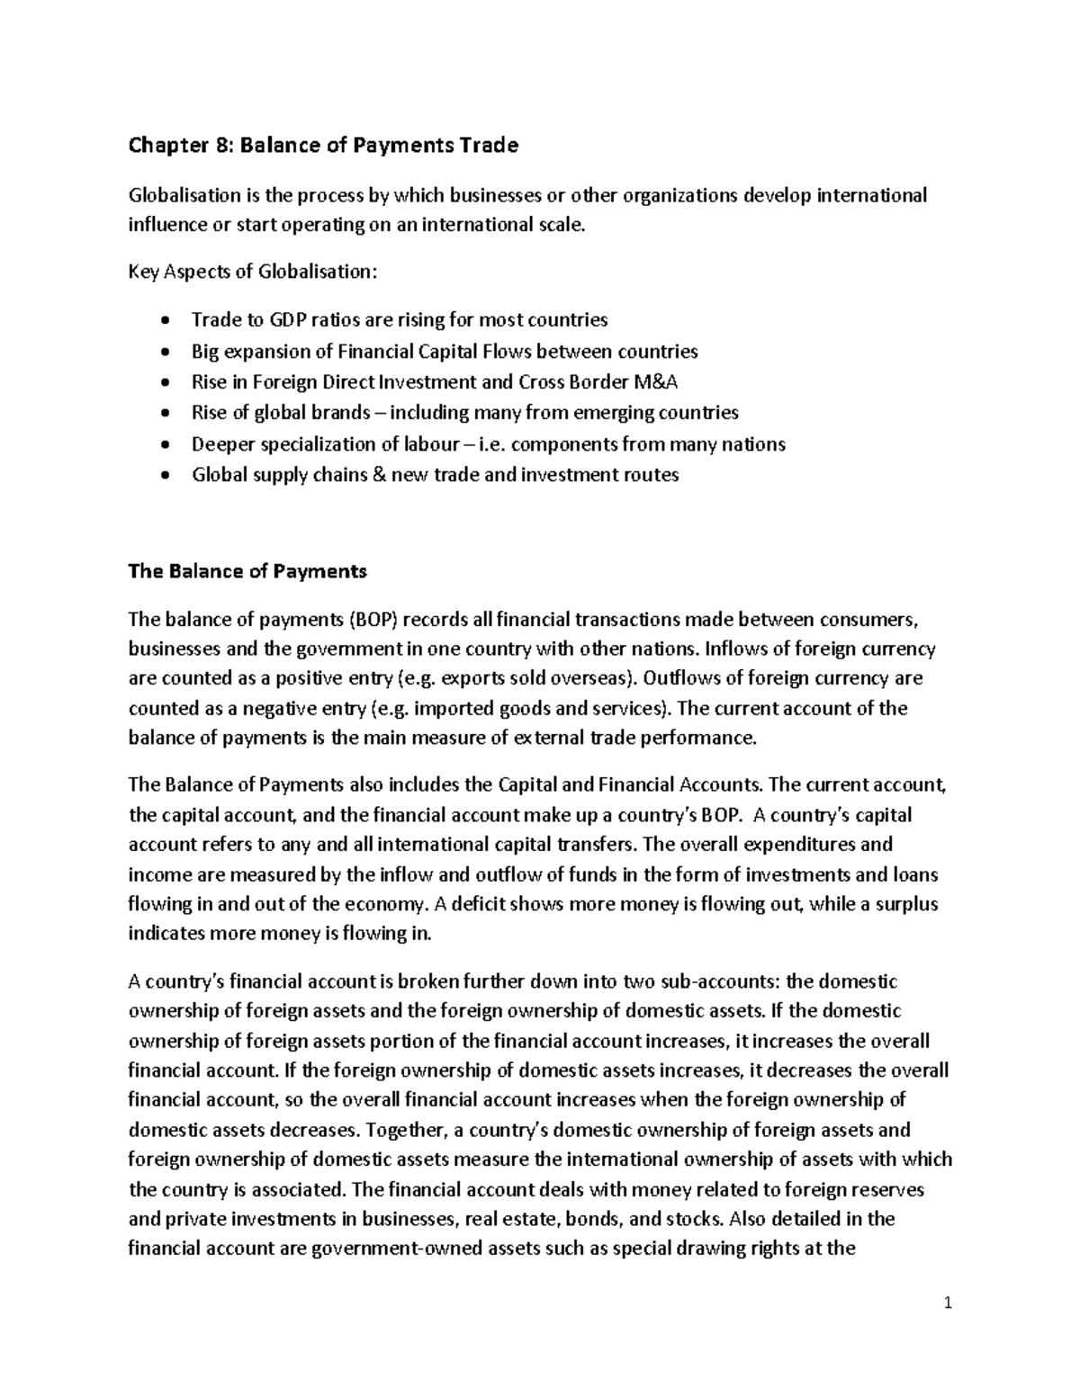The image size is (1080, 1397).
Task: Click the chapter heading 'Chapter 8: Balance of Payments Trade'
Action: point(324,146)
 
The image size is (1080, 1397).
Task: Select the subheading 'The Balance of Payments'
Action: point(247,571)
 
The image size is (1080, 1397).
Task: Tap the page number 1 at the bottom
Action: point(948,1303)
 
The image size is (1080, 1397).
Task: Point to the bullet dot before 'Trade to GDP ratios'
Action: point(163,321)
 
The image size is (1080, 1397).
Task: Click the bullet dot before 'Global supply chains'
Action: point(163,476)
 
